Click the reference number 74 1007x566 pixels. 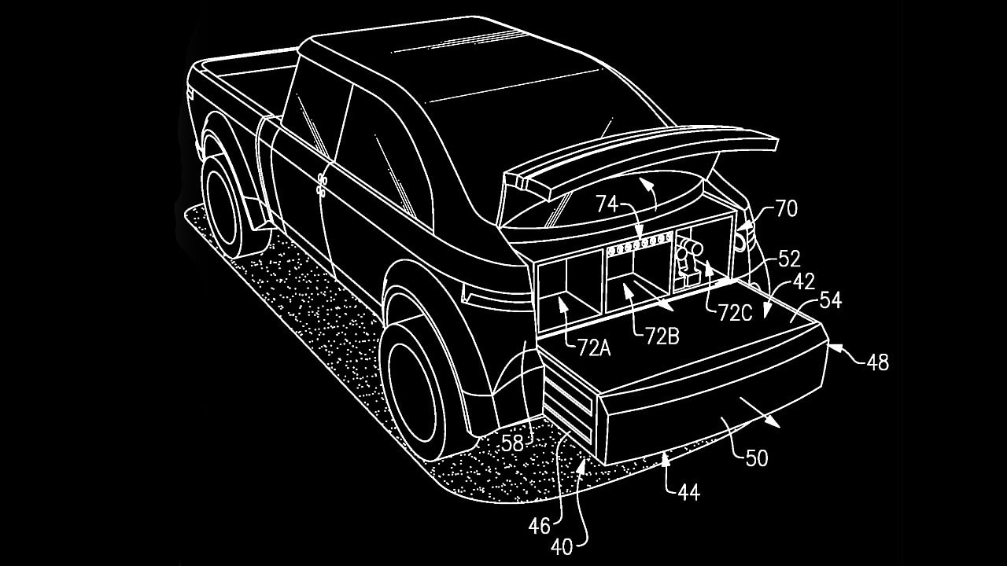(607, 204)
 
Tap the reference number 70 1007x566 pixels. (786, 208)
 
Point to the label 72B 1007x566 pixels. (662, 336)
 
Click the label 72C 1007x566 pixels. (735, 312)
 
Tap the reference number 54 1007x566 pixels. (830, 300)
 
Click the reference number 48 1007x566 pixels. (877, 362)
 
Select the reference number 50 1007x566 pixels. (756, 458)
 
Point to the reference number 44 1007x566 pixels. (688, 493)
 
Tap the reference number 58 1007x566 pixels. (512, 443)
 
